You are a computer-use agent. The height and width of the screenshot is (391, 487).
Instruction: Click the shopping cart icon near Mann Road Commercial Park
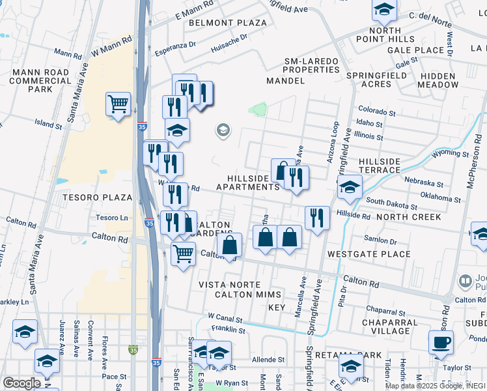coord(118,104)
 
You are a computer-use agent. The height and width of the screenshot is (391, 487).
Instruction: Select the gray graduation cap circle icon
coord(223,131)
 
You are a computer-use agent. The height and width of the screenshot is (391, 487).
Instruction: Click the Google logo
coord(21,383)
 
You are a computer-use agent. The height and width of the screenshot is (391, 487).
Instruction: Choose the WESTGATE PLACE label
coord(369,254)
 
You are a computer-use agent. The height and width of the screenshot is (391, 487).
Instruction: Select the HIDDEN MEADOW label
coord(451,80)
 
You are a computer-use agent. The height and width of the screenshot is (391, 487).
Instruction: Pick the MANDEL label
coord(285,81)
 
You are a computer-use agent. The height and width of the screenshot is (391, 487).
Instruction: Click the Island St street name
coord(48,123)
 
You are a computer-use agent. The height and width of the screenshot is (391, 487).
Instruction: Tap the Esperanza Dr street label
coord(174,46)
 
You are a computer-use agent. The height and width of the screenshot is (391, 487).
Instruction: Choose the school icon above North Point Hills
coord(384,10)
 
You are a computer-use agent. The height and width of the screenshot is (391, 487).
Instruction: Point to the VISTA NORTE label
coord(229,285)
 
